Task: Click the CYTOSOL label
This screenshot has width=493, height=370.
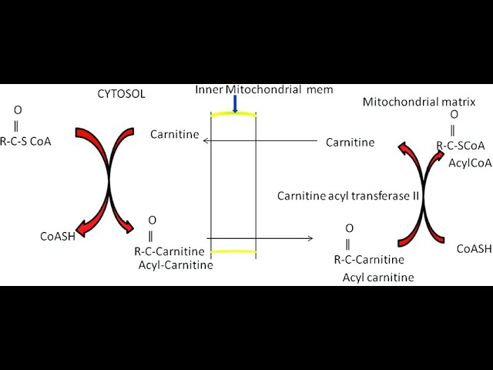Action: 121,95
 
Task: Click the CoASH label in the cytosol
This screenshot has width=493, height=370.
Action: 58,237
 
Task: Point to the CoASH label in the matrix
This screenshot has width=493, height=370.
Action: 474,248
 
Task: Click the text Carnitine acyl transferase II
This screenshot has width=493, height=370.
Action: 348,196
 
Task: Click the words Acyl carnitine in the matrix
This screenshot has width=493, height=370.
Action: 377,277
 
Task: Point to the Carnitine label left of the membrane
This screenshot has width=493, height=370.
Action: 174,135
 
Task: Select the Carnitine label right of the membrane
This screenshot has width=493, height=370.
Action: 350,142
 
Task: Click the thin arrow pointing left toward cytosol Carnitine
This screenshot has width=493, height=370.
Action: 262,140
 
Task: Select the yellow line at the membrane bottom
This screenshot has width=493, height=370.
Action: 233,252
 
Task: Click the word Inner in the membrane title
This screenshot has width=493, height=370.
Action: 210,90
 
